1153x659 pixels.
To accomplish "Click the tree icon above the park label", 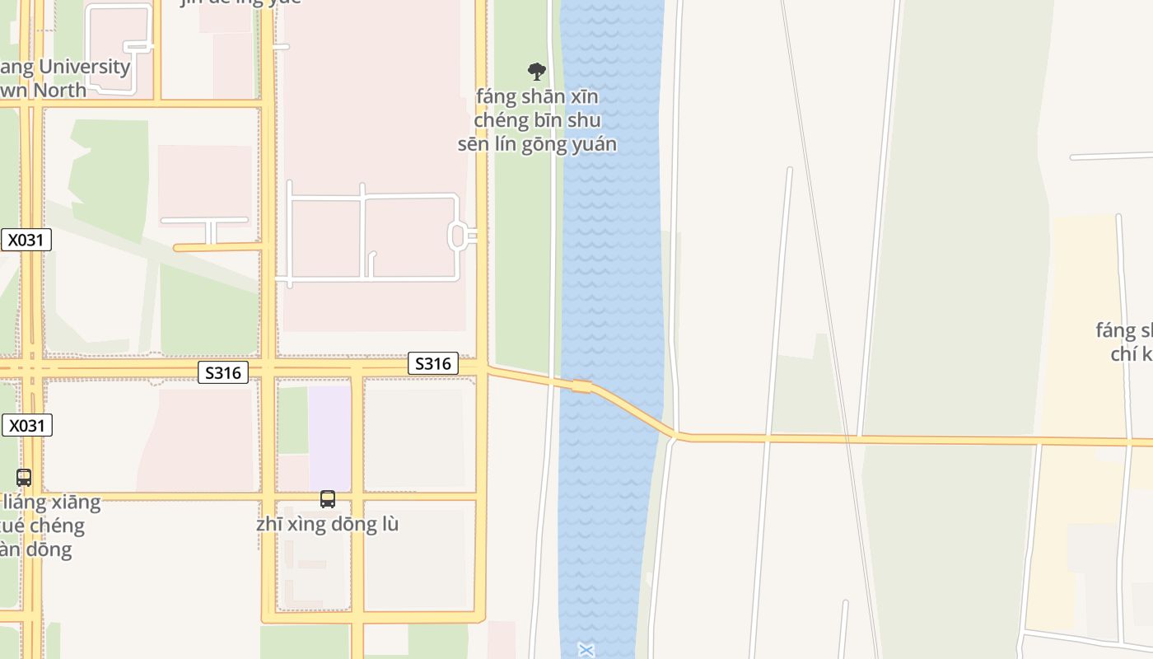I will (x=537, y=72).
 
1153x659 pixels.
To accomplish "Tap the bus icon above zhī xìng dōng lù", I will (x=328, y=499).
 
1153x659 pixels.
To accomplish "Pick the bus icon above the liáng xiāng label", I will (x=24, y=477).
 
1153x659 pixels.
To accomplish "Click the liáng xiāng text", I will (x=51, y=502).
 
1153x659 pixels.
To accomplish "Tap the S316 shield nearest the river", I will (x=432, y=363).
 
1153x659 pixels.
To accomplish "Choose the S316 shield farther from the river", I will (x=222, y=373).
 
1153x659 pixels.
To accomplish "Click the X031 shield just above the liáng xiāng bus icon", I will (x=26, y=425).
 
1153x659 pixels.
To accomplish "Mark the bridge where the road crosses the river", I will (x=582, y=386).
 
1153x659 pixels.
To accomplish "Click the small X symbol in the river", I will (x=586, y=651).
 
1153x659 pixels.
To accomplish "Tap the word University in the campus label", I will (x=85, y=67).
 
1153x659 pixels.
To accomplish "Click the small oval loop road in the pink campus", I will (x=458, y=236).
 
